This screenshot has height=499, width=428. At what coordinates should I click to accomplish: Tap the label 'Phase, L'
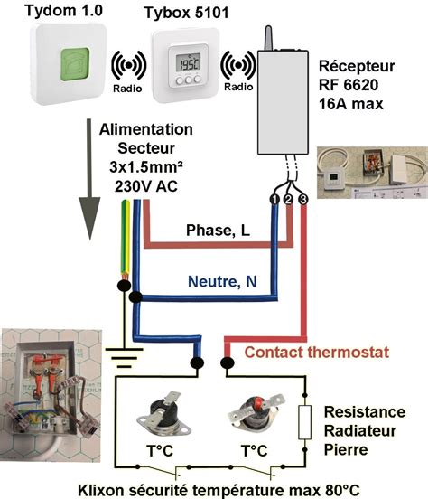(218, 231)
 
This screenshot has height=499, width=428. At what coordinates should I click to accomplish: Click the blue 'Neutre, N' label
(222, 282)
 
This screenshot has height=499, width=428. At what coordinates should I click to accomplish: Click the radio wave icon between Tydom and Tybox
(127, 65)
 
